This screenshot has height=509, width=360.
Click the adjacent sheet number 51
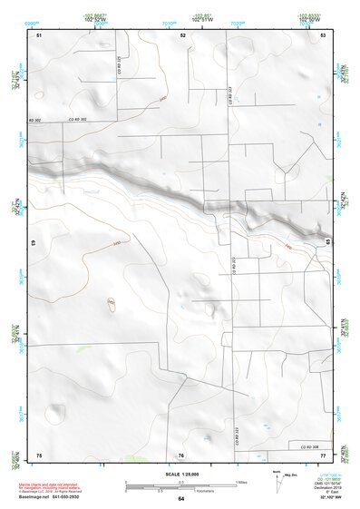39,34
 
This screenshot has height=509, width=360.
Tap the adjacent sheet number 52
183,34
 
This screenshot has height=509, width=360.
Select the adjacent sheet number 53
323,34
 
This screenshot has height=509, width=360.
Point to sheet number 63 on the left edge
34,243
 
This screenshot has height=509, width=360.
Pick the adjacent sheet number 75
39,454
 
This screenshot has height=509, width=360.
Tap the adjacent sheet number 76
181,455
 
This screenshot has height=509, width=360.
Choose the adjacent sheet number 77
323,454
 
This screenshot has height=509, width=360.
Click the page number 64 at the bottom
181,499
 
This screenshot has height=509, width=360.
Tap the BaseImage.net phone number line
61,496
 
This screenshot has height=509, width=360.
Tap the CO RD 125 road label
121,66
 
